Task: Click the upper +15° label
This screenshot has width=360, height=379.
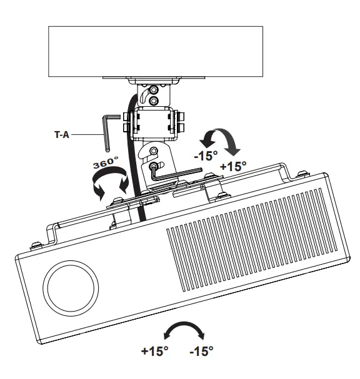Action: (233, 167)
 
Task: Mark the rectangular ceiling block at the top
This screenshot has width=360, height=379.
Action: (156, 51)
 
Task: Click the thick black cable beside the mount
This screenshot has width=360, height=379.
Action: (133, 156)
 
